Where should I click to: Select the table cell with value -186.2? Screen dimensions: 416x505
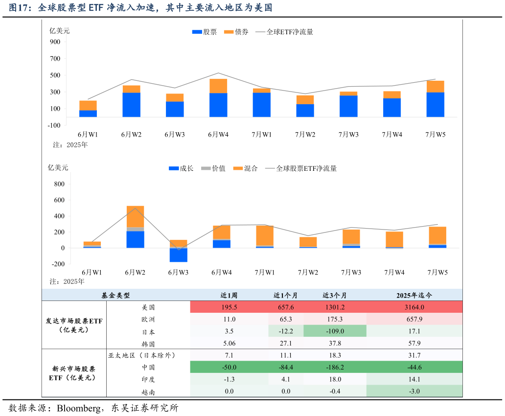pos(335,368)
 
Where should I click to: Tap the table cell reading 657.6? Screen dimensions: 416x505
pos(286,307)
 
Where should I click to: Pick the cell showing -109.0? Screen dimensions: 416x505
pos(335,331)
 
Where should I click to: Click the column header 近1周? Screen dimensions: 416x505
pos(229,296)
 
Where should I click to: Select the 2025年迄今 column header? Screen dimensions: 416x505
pos(414,296)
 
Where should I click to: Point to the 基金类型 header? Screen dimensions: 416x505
pos(116,296)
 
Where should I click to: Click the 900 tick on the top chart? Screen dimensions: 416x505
pos(55,42)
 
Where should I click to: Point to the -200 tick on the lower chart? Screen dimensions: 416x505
pos(58,264)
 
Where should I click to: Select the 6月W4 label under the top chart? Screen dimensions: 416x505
pos(218,135)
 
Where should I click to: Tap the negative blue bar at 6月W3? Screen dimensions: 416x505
pos(178,255)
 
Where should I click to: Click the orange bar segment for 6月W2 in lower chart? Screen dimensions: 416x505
pos(135,216)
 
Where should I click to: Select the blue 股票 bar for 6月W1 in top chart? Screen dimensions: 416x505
pos(88,114)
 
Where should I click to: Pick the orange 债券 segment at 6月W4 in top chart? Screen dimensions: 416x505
pos(218,86)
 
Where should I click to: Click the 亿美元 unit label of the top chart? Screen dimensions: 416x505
pos(60,31)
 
